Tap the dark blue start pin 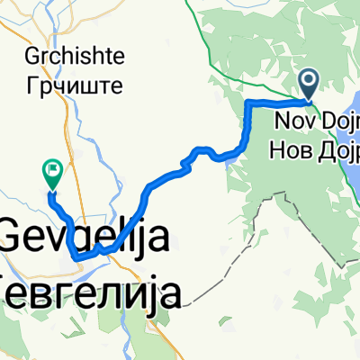coord(309,85)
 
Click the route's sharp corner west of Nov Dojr coord(247,105)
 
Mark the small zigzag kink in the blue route coord(186,162)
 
